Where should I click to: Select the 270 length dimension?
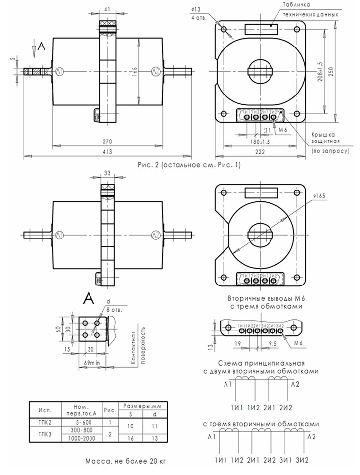click(x=107, y=141)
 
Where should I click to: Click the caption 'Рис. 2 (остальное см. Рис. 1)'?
click(x=189, y=165)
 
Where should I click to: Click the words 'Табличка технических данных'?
click(x=310, y=10)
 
